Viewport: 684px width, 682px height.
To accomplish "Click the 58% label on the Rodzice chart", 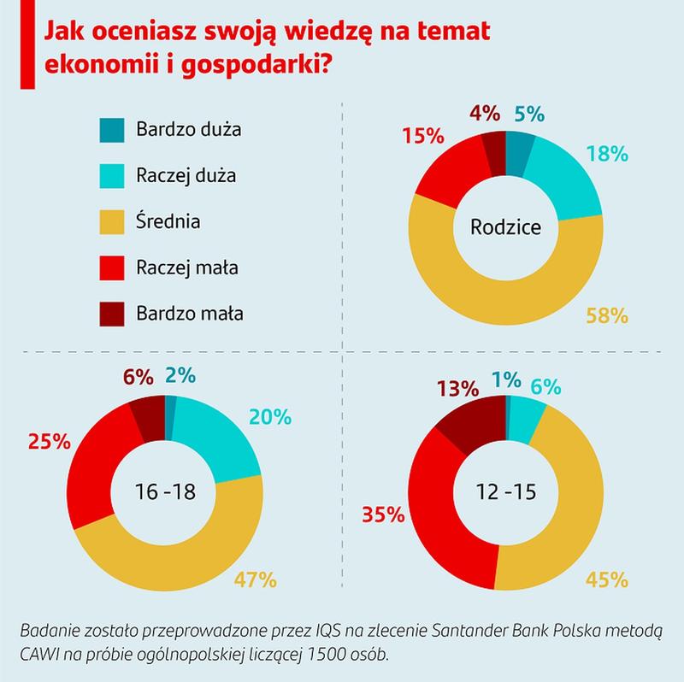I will tap(609, 315).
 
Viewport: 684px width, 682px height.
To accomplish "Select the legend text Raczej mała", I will tap(186, 268).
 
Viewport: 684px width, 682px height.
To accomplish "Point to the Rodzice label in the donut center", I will tap(505, 227).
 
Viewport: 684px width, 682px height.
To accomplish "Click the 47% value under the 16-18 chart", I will tap(256, 579).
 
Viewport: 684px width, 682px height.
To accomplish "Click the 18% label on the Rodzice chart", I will tap(608, 154).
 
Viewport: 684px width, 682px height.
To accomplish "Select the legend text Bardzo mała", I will tap(190, 313).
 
